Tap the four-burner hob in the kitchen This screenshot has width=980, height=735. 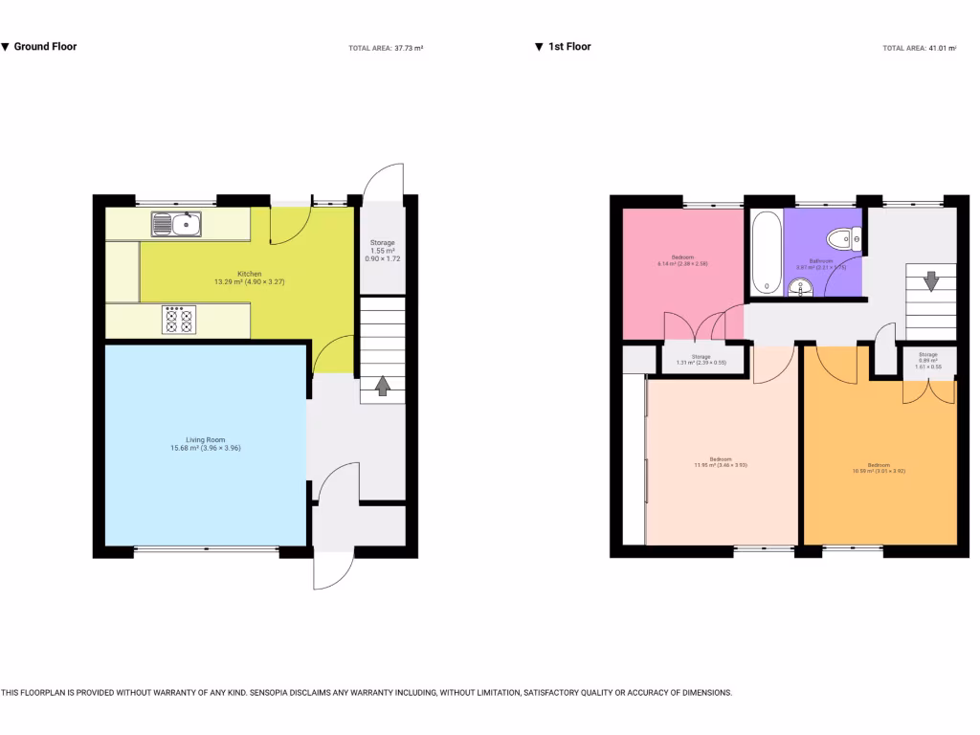178,320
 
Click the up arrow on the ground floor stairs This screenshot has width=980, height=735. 382,386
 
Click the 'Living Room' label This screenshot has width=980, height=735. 205,443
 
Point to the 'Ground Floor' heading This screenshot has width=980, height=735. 45,46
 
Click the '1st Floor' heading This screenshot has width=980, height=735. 568,46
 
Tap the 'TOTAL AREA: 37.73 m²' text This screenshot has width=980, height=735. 386,48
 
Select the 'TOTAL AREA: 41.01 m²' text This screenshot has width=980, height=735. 919,48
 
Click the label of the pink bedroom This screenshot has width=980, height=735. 682,259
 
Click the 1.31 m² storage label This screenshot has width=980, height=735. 702,360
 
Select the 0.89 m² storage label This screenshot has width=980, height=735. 928,360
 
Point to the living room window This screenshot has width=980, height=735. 205,550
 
